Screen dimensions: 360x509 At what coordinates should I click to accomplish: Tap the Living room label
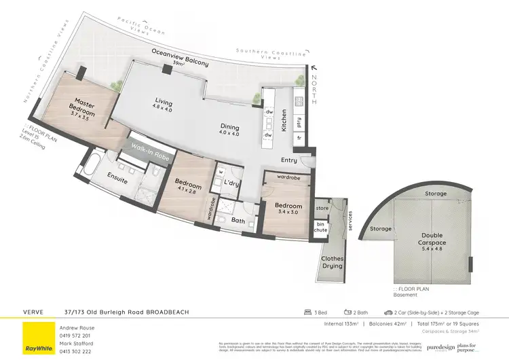pyautogui.click(x=163, y=103)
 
